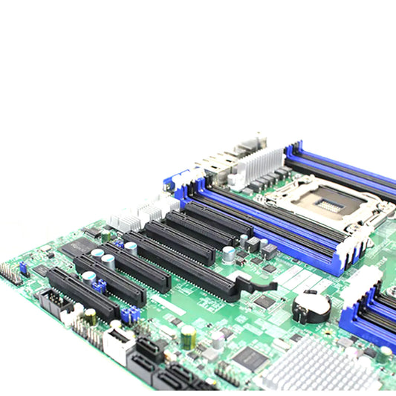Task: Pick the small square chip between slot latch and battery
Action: (265, 301)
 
